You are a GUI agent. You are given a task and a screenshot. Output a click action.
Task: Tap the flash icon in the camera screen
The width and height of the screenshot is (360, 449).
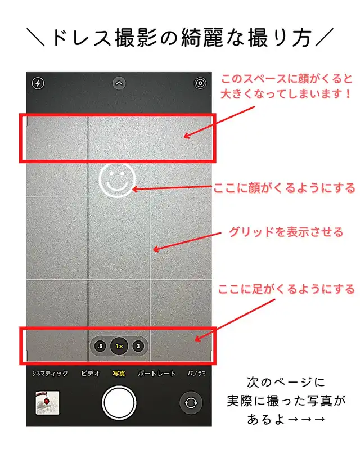click(38, 83)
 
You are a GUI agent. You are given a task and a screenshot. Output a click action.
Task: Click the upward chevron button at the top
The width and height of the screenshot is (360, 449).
click(119, 83)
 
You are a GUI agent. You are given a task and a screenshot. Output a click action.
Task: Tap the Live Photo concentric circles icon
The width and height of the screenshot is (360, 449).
click(200, 83)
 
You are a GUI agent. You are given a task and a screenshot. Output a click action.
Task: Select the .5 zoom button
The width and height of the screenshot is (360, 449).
click(100, 346)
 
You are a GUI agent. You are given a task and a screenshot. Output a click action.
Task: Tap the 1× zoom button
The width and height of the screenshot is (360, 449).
click(119, 346)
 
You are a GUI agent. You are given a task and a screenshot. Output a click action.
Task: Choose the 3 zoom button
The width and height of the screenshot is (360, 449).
click(138, 346)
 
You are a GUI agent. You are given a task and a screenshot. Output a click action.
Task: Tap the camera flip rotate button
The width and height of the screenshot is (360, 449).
click(191, 403)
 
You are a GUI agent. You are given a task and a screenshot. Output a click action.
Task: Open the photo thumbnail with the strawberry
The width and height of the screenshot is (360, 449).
click(47, 403)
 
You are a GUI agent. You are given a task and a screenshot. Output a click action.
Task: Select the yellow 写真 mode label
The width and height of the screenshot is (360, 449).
click(119, 374)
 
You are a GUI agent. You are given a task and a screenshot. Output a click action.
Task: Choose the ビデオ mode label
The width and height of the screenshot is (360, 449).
click(91, 374)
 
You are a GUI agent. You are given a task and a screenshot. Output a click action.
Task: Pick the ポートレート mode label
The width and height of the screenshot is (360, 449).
click(156, 374)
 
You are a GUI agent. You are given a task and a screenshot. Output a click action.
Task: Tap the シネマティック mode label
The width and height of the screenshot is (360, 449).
click(50, 374)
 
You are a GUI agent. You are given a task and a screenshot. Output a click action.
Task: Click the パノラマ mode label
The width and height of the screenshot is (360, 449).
click(197, 374)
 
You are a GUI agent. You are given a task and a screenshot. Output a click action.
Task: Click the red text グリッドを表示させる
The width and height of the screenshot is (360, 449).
click(286, 232)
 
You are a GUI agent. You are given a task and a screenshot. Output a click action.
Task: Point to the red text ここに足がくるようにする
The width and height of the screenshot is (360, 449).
click(286, 289)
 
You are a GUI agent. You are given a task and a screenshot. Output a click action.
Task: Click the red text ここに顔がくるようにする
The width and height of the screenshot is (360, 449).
click(284, 188)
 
